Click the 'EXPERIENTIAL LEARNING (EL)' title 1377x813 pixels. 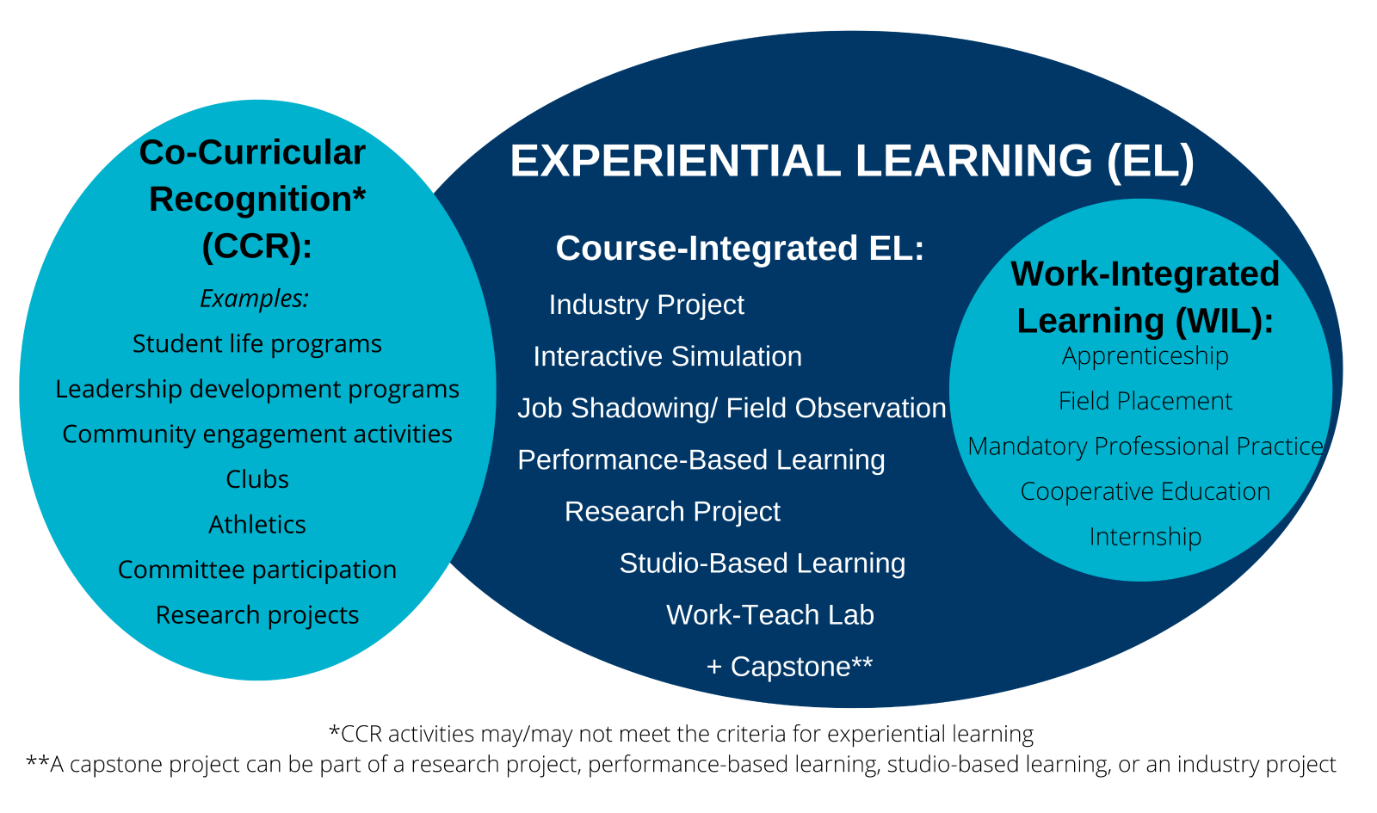[x=852, y=161]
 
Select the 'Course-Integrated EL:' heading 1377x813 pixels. [x=739, y=248]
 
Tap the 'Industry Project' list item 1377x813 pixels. [x=646, y=305]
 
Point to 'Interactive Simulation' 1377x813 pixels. [x=668, y=356]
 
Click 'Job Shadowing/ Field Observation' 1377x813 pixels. [x=732, y=408]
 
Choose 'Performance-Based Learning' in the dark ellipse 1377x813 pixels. [x=701, y=459]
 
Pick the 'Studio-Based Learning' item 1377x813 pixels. [x=763, y=564]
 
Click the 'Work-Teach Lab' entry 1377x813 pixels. [x=769, y=614]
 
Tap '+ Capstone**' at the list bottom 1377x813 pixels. [x=789, y=666]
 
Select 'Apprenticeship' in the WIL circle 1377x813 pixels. [x=1145, y=356]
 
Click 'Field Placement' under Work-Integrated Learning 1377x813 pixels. [x=1145, y=401]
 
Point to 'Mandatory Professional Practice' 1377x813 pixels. [x=1145, y=447]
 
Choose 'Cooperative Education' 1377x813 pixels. [x=1145, y=491]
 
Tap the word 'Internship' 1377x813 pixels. [x=1145, y=537]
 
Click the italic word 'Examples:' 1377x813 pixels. [x=255, y=299]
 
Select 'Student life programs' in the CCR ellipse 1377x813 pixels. [x=257, y=344]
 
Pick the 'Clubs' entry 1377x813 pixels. [x=257, y=479]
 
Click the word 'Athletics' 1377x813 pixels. [x=257, y=525]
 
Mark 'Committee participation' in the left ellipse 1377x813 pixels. [x=257, y=570]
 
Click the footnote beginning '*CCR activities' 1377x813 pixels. [x=681, y=735]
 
